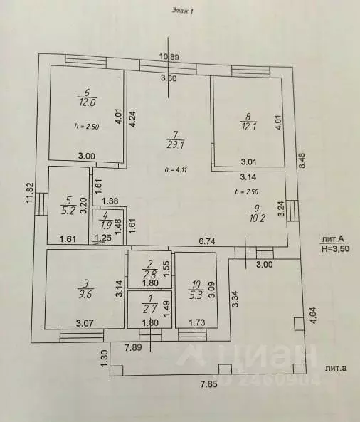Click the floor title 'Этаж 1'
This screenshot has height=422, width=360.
(182, 11)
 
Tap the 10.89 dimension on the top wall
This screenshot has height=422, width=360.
(169, 57)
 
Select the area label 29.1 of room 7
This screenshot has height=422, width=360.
(175, 145)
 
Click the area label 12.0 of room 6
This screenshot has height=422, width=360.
(88, 102)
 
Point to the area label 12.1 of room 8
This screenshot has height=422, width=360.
(248, 126)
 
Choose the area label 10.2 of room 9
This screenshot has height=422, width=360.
(257, 218)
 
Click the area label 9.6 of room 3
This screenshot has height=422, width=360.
(85, 294)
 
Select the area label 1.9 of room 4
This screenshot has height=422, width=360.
(106, 226)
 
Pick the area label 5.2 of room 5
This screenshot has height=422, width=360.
(68, 211)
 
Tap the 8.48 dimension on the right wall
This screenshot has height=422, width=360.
(303, 160)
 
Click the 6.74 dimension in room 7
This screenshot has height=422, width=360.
(206, 241)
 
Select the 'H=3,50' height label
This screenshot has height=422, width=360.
(335, 248)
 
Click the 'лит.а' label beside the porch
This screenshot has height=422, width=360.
(336, 368)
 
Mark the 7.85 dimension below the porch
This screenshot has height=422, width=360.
(208, 384)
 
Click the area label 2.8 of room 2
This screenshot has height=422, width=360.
(150, 274)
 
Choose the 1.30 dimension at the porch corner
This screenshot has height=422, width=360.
(105, 358)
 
